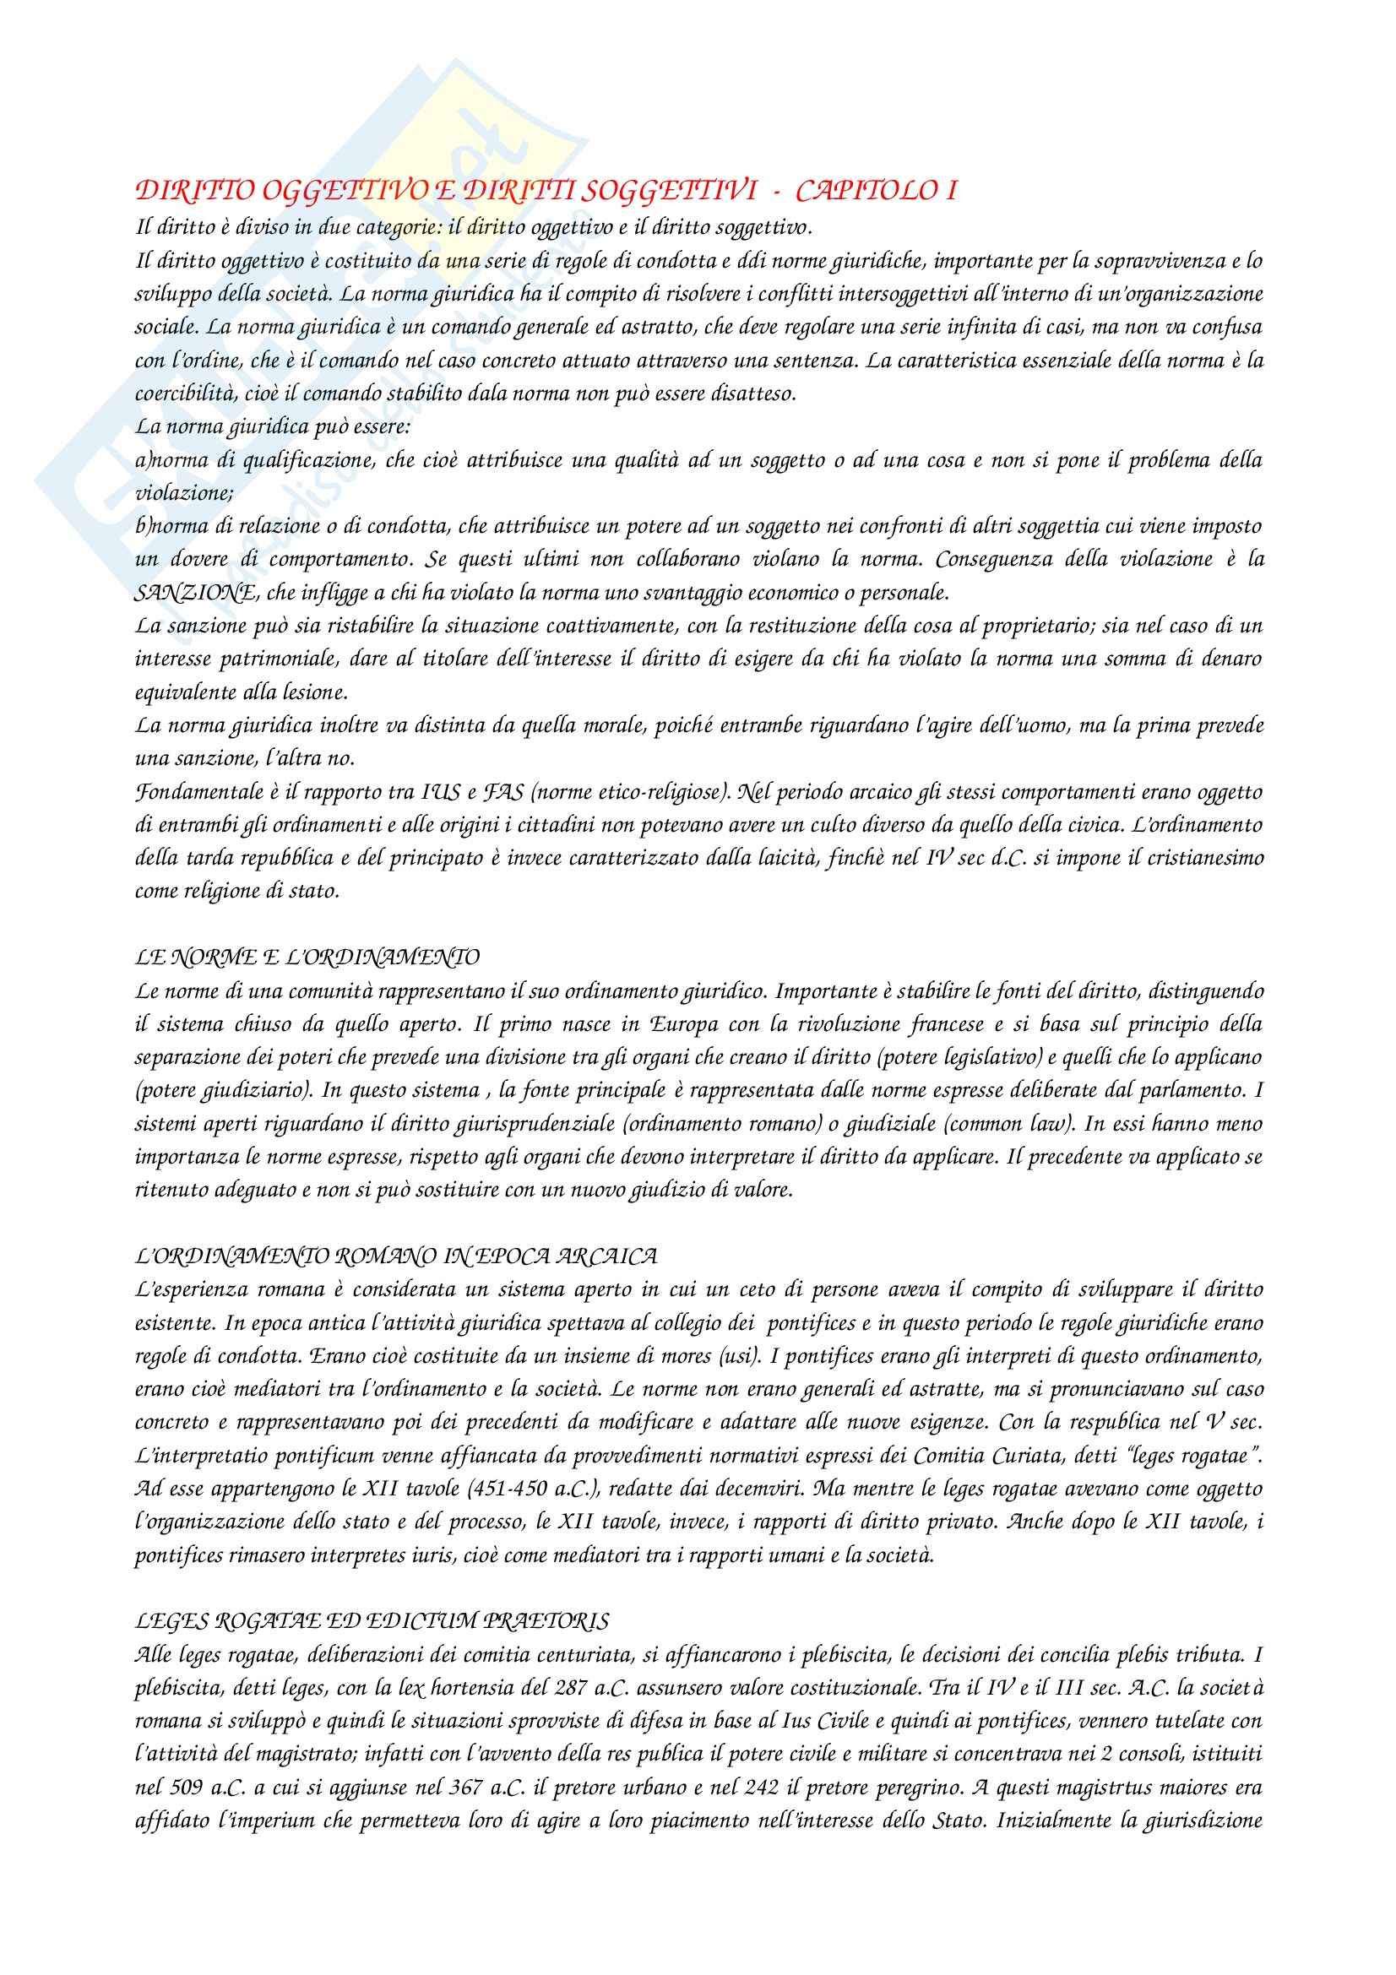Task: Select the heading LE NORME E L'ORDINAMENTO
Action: coord(307,958)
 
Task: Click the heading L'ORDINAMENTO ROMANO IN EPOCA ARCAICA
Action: coord(397,1256)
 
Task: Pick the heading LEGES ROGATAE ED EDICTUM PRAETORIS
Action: coord(372,1621)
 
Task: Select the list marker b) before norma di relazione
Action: coord(143,526)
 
